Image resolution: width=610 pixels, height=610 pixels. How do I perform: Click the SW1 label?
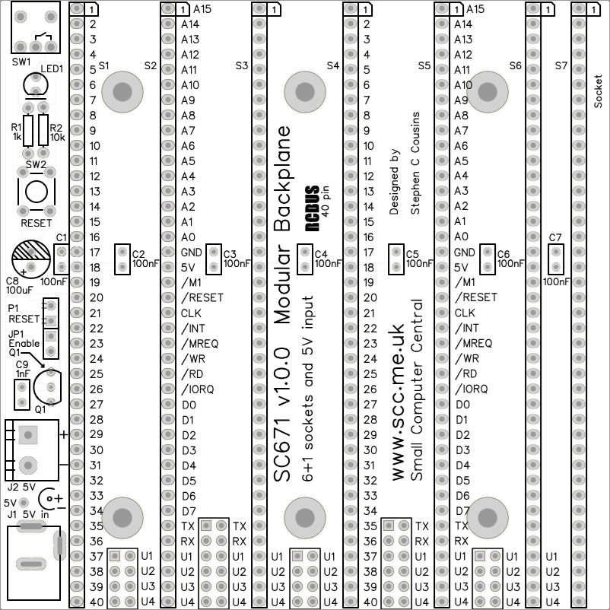tap(21, 61)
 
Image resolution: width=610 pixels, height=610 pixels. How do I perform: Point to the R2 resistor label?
tap(56, 128)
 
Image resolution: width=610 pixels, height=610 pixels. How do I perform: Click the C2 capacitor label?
tap(138, 254)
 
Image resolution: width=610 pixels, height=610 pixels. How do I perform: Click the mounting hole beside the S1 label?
tap(122, 93)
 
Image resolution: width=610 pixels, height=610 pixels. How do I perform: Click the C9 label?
tap(22, 364)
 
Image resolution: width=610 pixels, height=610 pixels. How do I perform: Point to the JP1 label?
tap(15, 333)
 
